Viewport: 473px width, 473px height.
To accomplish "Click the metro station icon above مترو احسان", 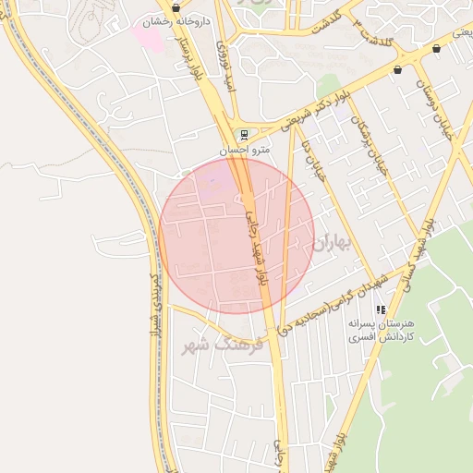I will [242, 134].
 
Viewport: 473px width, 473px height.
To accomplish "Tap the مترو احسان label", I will [243, 149].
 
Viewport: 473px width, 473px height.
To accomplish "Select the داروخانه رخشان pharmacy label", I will [176, 20].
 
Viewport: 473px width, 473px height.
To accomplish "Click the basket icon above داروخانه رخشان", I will [176, 7].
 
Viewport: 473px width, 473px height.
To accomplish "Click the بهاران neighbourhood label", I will [333, 244].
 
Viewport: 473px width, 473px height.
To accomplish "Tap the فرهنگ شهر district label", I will [224, 346].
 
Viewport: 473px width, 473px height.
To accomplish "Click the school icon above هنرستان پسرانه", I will [380, 310].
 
